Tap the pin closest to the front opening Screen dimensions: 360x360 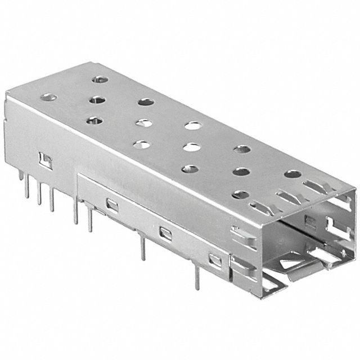tap(197, 276)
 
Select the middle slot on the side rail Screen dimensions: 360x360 tap(165, 232)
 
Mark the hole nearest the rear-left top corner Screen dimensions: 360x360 tap(48, 97)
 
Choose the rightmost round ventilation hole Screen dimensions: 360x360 tap(292, 174)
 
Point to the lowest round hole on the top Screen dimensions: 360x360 tap(241, 195)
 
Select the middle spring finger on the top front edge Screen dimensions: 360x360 tap(287, 197)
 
